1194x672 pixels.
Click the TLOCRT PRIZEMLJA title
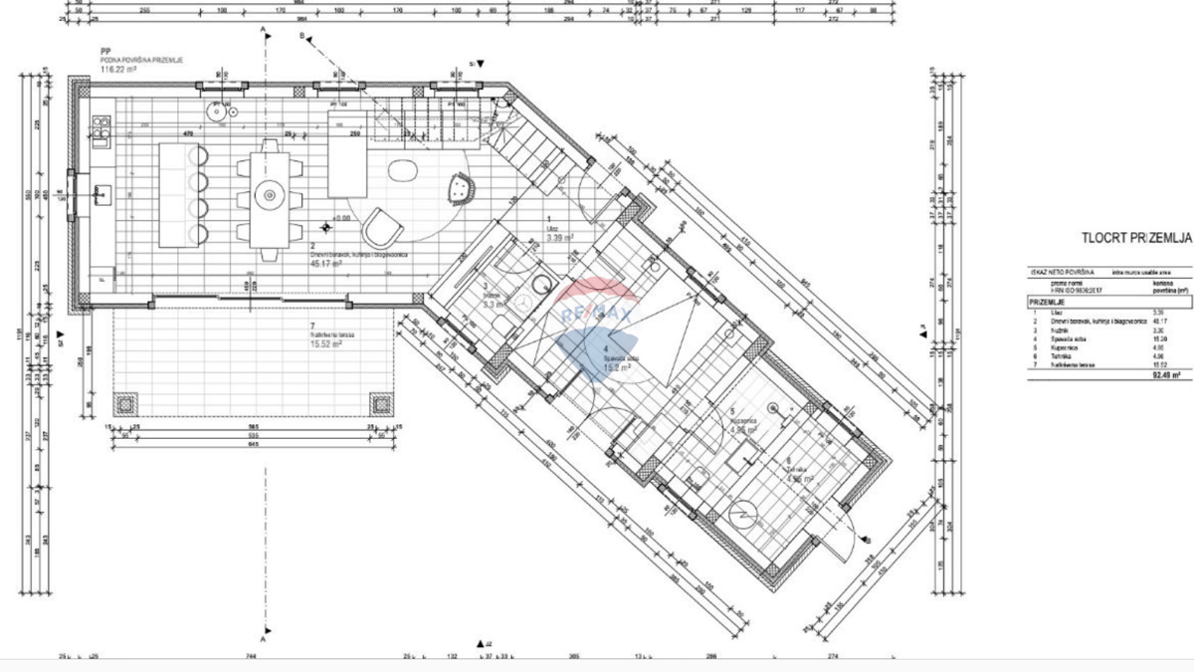coord(1135,238)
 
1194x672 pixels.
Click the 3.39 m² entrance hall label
coord(559,239)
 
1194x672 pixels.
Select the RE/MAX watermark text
coord(596,315)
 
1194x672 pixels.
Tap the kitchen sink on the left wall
coord(101,193)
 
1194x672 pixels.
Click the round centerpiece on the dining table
coord(267,194)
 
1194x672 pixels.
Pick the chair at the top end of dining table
coord(267,147)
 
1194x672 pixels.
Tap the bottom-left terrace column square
coord(126,404)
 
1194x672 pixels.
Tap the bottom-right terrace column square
coord(382,404)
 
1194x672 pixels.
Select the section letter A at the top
coord(264,31)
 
